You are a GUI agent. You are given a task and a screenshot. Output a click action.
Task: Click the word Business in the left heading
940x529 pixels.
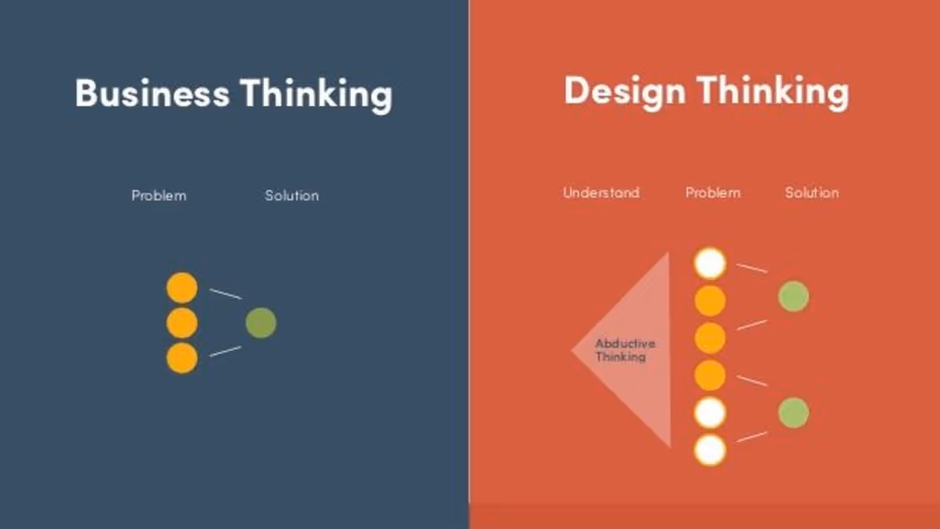(x=152, y=92)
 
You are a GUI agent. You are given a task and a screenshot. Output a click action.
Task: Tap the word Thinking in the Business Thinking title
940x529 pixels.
(x=316, y=94)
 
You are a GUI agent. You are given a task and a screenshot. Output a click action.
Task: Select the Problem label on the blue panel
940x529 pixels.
(x=159, y=195)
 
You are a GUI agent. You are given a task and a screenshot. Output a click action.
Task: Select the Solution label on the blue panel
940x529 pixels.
(x=291, y=195)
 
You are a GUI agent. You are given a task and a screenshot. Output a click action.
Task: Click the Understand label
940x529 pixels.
(x=601, y=192)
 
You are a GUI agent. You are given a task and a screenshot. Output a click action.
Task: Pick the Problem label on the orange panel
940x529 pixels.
(x=713, y=192)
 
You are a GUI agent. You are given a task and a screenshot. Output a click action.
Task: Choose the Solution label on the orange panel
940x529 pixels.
(x=812, y=192)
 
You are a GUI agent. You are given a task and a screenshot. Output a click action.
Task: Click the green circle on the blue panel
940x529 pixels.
(x=261, y=323)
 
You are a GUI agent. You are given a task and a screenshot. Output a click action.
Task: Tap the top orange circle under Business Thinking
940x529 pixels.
(x=182, y=288)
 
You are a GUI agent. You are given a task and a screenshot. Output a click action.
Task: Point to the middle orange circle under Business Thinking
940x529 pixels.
(x=182, y=323)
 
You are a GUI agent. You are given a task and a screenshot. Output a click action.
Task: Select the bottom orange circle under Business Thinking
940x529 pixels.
(x=182, y=358)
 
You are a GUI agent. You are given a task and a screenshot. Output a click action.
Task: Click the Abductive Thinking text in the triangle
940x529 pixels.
(x=624, y=350)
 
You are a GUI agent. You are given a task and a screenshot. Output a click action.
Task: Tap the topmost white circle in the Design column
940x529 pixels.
(x=710, y=263)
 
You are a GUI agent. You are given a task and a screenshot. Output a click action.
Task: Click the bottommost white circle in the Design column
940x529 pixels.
(x=710, y=451)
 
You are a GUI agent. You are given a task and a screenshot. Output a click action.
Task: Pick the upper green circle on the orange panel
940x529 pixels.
(x=794, y=296)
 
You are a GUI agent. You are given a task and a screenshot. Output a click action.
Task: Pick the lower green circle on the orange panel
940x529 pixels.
(x=794, y=413)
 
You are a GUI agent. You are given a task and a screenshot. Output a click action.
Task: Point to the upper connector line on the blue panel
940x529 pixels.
(x=226, y=294)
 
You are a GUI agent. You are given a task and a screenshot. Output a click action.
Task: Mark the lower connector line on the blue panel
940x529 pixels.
(x=226, y=351)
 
